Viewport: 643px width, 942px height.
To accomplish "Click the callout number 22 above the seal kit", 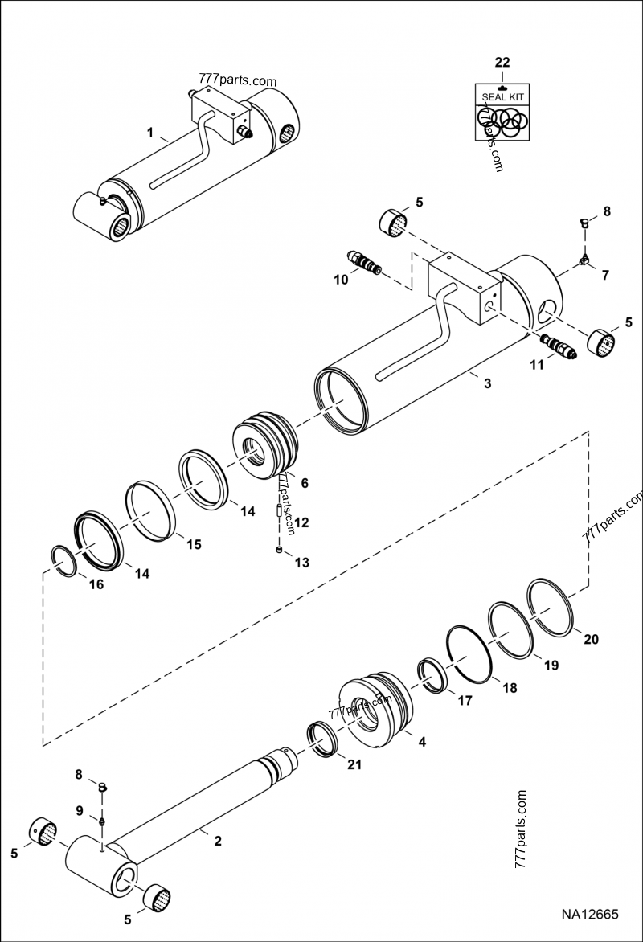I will click(x=502, y=62).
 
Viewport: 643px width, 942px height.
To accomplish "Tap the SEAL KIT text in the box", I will click(x=502, y=96).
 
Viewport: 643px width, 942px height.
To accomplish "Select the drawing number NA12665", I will click(x=589, y=914).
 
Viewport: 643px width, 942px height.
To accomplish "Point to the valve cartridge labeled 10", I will click(x=363, y=263).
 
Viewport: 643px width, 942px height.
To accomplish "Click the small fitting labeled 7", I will click(x=583, y=260).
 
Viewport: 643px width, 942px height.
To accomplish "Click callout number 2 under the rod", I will click(x=216, y=841).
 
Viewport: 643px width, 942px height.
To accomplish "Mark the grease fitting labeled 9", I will click(x=102, y=821).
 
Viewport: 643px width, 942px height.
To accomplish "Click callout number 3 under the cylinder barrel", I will click(x=486, y=383).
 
